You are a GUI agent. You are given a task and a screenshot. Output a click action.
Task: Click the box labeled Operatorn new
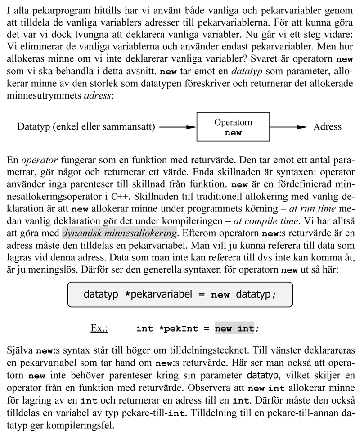click(x=233, y=127)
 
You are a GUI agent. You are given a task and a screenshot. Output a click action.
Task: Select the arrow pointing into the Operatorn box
click(x=178, y=127)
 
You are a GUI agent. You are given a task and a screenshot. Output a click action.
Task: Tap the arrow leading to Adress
click(x=288, y=127)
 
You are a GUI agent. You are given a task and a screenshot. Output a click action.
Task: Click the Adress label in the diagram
click(x=327, y=127)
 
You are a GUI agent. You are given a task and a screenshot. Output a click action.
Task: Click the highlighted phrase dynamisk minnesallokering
click(x=119, y=233)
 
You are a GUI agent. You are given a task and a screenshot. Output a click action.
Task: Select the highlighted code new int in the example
click(x=234, y=329)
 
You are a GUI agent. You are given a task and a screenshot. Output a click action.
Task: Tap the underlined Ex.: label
click(x=99, y=328)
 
